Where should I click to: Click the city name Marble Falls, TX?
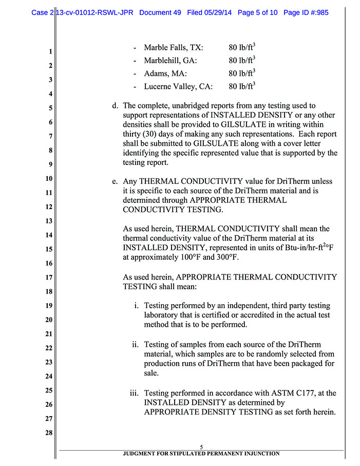(x=173, y=48)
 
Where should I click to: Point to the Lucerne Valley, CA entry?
(x=178, y=86)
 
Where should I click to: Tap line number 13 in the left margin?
(x=49, y=221)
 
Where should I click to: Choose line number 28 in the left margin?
(x=49, y=433)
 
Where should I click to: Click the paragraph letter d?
(x=115, y=106)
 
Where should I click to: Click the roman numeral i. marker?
(x=136, y=306)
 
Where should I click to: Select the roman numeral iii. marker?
(x=134, y=394)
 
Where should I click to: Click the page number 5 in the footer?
(x=202, y=446)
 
